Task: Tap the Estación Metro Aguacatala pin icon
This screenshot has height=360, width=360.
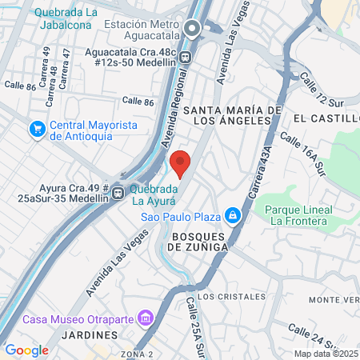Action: (192, 30)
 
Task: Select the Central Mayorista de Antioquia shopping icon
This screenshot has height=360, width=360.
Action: (37, 129)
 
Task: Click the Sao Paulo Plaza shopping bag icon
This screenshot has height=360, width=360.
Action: (232, 214)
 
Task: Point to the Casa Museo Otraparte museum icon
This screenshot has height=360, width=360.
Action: (145, 318)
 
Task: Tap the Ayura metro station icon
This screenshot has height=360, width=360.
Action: (118, 192)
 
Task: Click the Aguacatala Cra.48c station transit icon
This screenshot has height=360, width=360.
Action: (186, 57)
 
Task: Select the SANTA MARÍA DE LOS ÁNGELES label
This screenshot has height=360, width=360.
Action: (233, 115)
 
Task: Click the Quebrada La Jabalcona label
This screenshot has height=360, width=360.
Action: (66, 19)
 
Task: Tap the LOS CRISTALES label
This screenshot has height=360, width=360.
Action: (231, 296)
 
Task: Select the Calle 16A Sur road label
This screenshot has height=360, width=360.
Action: (304, 157)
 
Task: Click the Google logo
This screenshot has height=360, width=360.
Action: (27, 350)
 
